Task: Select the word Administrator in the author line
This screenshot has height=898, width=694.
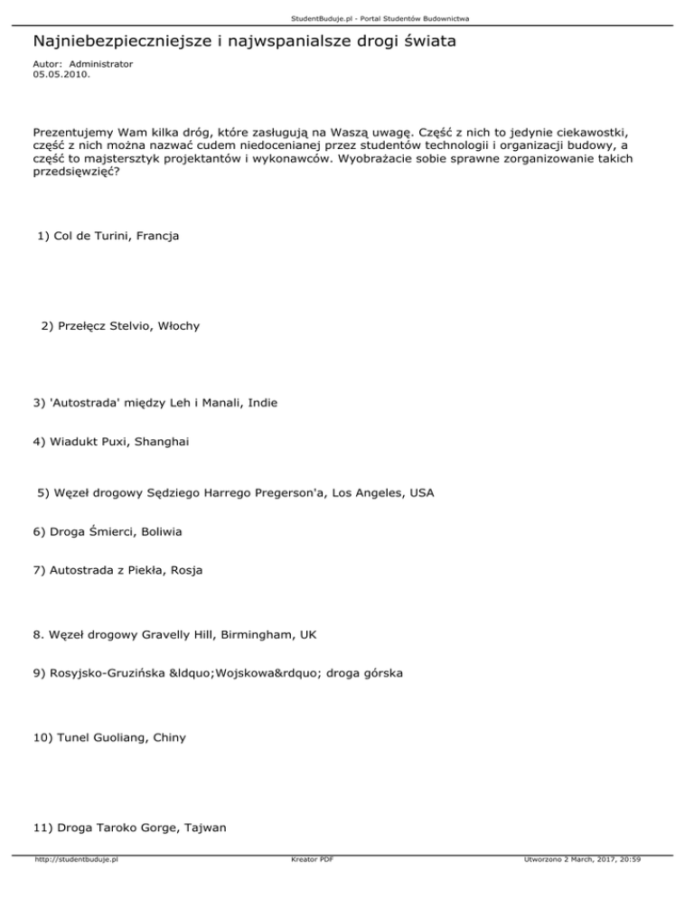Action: point(101,64)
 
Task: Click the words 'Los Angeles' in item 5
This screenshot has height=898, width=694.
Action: point(369,493)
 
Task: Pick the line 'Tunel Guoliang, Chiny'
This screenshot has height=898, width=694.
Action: point(108,737)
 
